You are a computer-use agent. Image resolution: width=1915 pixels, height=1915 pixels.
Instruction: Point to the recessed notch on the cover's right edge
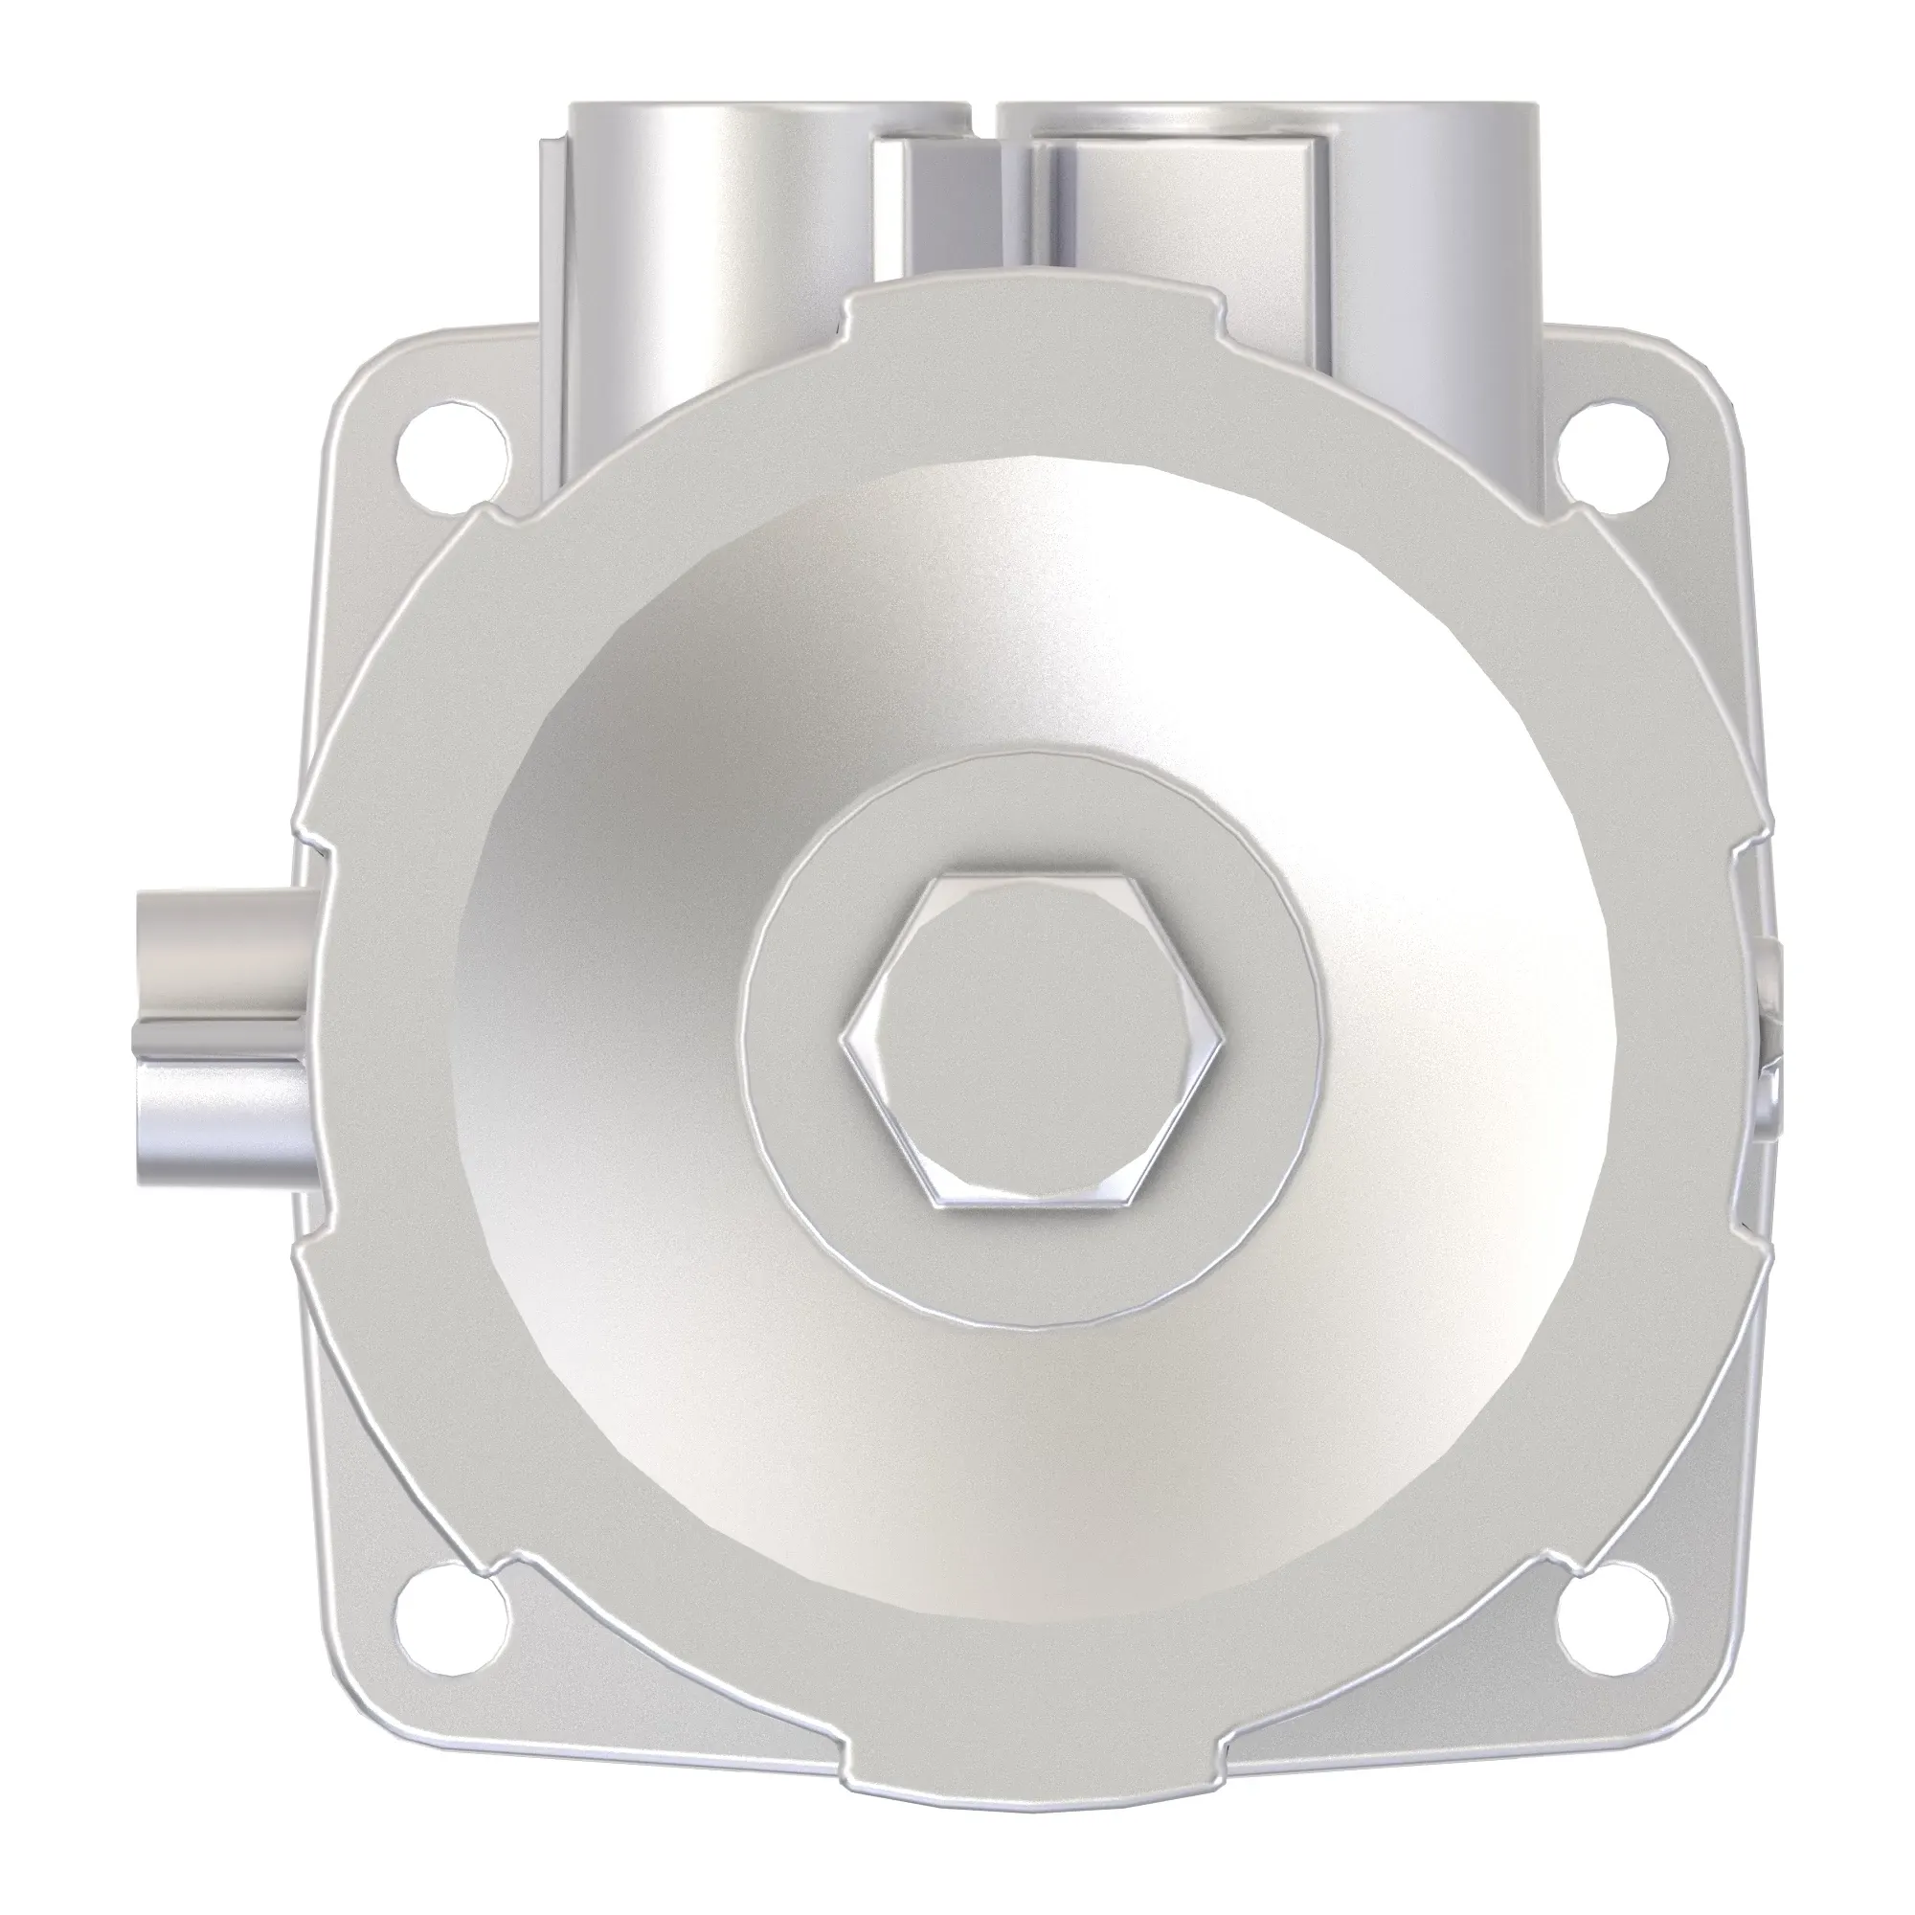pyautogui.click(x=1746, y=1041)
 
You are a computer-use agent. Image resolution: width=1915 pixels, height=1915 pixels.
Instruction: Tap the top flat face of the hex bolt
pyautogui.click(x=1031, y=1031)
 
